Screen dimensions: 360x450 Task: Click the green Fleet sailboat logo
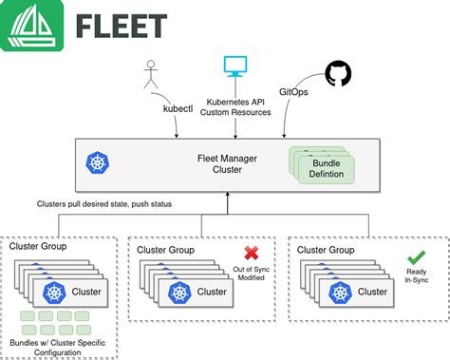click(x=33, y=28)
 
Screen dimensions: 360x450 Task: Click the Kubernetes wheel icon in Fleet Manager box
click(x=97, y=163)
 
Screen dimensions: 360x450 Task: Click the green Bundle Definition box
click(x=324, y=168)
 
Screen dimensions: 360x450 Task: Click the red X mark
click(x=252, y=252)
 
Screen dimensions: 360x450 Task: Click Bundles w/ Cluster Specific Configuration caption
click(x=60, y=346)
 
